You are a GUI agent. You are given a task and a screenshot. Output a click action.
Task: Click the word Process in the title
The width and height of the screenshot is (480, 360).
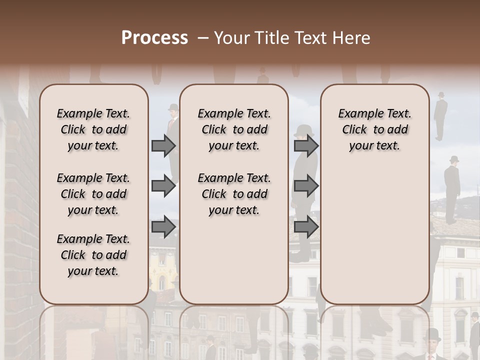click(x=154, y=38)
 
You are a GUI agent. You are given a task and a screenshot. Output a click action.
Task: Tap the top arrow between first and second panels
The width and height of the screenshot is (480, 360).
click(x=163, y=146)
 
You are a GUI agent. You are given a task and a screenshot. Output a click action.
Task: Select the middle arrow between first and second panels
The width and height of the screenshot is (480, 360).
click(x=163, y=186)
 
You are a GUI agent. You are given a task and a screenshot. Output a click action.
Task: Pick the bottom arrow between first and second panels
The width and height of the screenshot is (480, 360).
click(x=163, y=227)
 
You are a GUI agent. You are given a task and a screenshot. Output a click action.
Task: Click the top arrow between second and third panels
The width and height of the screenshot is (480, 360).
click(x=306, y=146)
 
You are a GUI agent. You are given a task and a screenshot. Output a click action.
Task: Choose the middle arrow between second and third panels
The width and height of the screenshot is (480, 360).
click(x=306, y=186)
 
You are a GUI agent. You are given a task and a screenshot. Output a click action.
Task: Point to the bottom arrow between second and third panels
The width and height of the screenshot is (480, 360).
click(x=306, y=227)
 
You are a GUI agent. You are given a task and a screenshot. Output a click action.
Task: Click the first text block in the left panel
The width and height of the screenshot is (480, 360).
click(x=93, y=129)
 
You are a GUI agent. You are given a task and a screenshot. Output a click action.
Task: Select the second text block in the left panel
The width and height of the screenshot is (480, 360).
click(x=93, y=194)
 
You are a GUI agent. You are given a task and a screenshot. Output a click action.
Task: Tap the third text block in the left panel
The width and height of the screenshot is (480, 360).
click(x=93, y=255)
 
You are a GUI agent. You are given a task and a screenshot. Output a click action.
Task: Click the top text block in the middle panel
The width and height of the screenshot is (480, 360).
click(x=234, y=129)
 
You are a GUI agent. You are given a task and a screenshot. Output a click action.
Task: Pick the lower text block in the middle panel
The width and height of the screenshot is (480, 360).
click(x=234, y=194)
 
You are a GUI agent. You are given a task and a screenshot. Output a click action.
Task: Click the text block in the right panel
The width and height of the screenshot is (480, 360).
click(x=374, y=129)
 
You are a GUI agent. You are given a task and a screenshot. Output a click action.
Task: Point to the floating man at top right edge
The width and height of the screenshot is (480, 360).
click(x=440, y=115)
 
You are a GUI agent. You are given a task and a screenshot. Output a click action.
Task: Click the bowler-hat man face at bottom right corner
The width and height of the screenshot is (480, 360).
click(x=432, y=345)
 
